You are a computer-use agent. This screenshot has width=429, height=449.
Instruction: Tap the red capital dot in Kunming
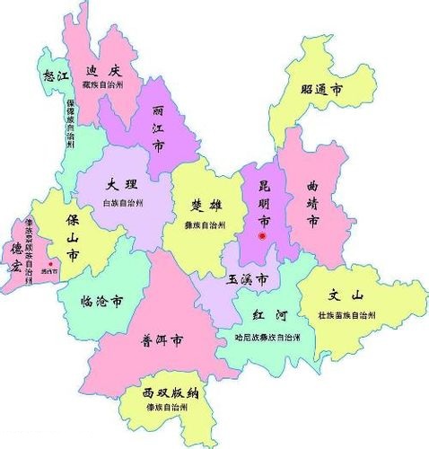click(x=262, y=236)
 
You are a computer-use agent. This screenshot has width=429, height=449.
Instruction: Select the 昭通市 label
click(x=321, y=90)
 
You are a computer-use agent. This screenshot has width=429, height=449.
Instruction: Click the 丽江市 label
click(x=158, y=128)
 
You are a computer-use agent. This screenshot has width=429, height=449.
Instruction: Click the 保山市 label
click(x=72, y=235)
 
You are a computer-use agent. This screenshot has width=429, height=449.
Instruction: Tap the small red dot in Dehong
click(x=52, y=264)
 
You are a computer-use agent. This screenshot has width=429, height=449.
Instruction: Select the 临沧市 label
click(x=101, y=302)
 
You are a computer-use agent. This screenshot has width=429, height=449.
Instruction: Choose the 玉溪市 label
click(x=248, y=281)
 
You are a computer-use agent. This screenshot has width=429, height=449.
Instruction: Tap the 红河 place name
click(x=271, y=317)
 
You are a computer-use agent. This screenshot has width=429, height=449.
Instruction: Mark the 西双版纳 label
click(x=170, y=393)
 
